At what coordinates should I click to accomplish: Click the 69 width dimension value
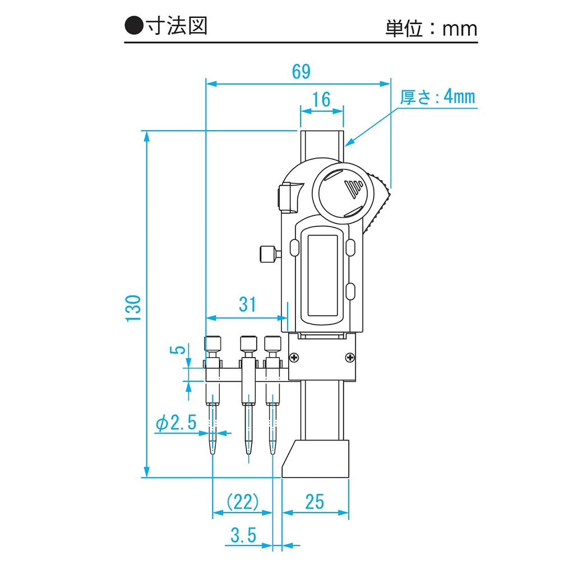pos(300,71)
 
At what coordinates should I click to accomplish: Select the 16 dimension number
pos(321,99)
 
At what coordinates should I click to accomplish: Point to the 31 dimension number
pos(247,304)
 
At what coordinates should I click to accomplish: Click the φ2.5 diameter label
pos(175,423)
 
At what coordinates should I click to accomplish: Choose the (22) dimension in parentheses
pos(242,501)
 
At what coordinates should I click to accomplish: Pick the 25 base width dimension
pos(315,501)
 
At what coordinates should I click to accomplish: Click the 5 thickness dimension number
pos(178,350)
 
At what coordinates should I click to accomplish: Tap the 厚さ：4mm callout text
pos(437,97)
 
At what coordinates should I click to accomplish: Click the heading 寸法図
pos(175,26)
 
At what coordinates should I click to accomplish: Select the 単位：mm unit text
pos(430,28)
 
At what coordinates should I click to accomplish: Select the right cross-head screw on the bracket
pos(350,357)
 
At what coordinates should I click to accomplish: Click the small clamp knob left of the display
pos(269,254)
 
